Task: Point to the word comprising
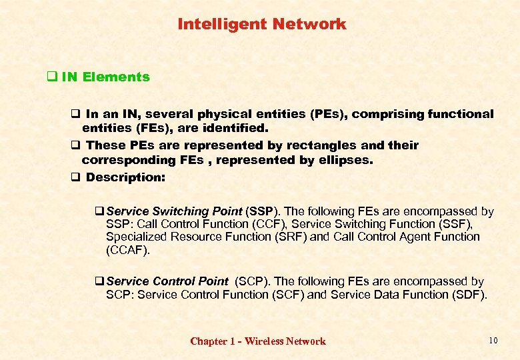click(x=383, y=114)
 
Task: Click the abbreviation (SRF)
click(x=291, y=237)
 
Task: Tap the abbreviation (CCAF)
click(x=128, y=250)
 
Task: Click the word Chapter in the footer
click(x=209, y=341)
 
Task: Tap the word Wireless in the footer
click(x=264, y=341)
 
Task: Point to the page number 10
click(x=493, y=341)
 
